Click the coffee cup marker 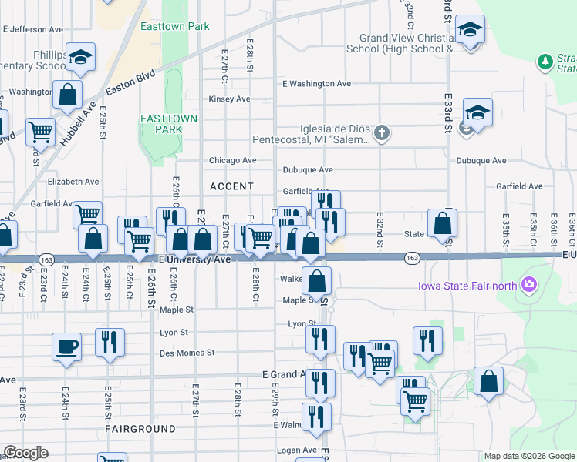point(66,346)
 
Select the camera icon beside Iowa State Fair point(529,286)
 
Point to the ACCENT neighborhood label point(231,186)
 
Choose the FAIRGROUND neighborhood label point(140,428)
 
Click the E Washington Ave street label point(316,84)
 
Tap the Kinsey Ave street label point(229,99)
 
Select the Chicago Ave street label point(232,160)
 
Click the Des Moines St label point(186,353)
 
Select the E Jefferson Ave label point(32,29)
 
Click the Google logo point(25,453)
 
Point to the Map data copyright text point(528,456)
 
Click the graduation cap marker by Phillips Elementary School point(79,57)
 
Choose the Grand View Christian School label point(409,43)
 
